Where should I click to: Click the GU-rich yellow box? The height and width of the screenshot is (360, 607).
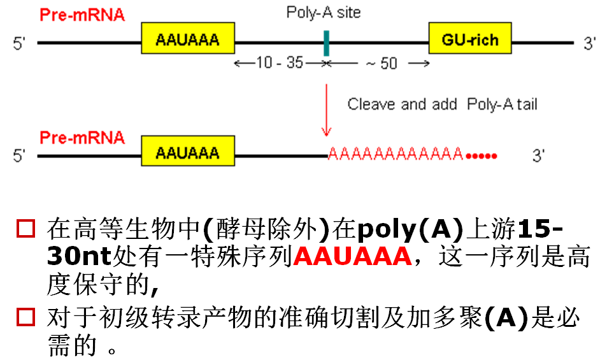pyautogui.click(x=470, y=41)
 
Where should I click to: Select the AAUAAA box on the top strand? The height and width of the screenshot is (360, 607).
pyautogui.click(x=187, y=41)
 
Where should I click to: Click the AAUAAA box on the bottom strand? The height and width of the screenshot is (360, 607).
pyautogui.click(x=187, y=154)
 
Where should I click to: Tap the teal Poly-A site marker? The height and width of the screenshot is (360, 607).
pyautogui.click(x=326, y=43)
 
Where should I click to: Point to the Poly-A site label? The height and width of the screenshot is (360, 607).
pyautogui.click(x=323, y=13)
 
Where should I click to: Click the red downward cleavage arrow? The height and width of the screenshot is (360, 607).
pyautogui.click(x=326, y=108)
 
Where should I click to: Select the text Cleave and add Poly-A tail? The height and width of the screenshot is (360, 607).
pyautogui.click(x=442, y=104)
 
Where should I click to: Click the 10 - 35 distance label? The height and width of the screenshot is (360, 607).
pyautogui.click(x=280, y=63)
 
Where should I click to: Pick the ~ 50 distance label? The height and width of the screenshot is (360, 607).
pyautogui.click(x=380, y=63)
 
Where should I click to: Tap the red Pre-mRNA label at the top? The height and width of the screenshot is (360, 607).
pyautogui.click(x=82, y=15)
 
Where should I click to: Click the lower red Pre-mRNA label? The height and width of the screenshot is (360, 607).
pyautogui.click(x=82, y=137)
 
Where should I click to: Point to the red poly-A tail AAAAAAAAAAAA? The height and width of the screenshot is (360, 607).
pyautogui.click(x=395, y=154)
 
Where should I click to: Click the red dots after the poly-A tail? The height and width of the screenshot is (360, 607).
pyautogui.click(x=482, y=155)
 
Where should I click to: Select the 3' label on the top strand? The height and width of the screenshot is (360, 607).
pyautogui.click(x=590, y=43)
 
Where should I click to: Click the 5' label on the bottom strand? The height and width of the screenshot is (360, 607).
pyautogui.click(x=20, y=155)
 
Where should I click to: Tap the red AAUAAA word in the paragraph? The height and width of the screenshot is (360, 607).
pyautogui.click(x=352, y=257)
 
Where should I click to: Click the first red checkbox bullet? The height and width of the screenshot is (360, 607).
pyautogui.click(x=25, y=229)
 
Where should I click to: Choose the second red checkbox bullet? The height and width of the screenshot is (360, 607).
pyautogui.click(x=25, y=317)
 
